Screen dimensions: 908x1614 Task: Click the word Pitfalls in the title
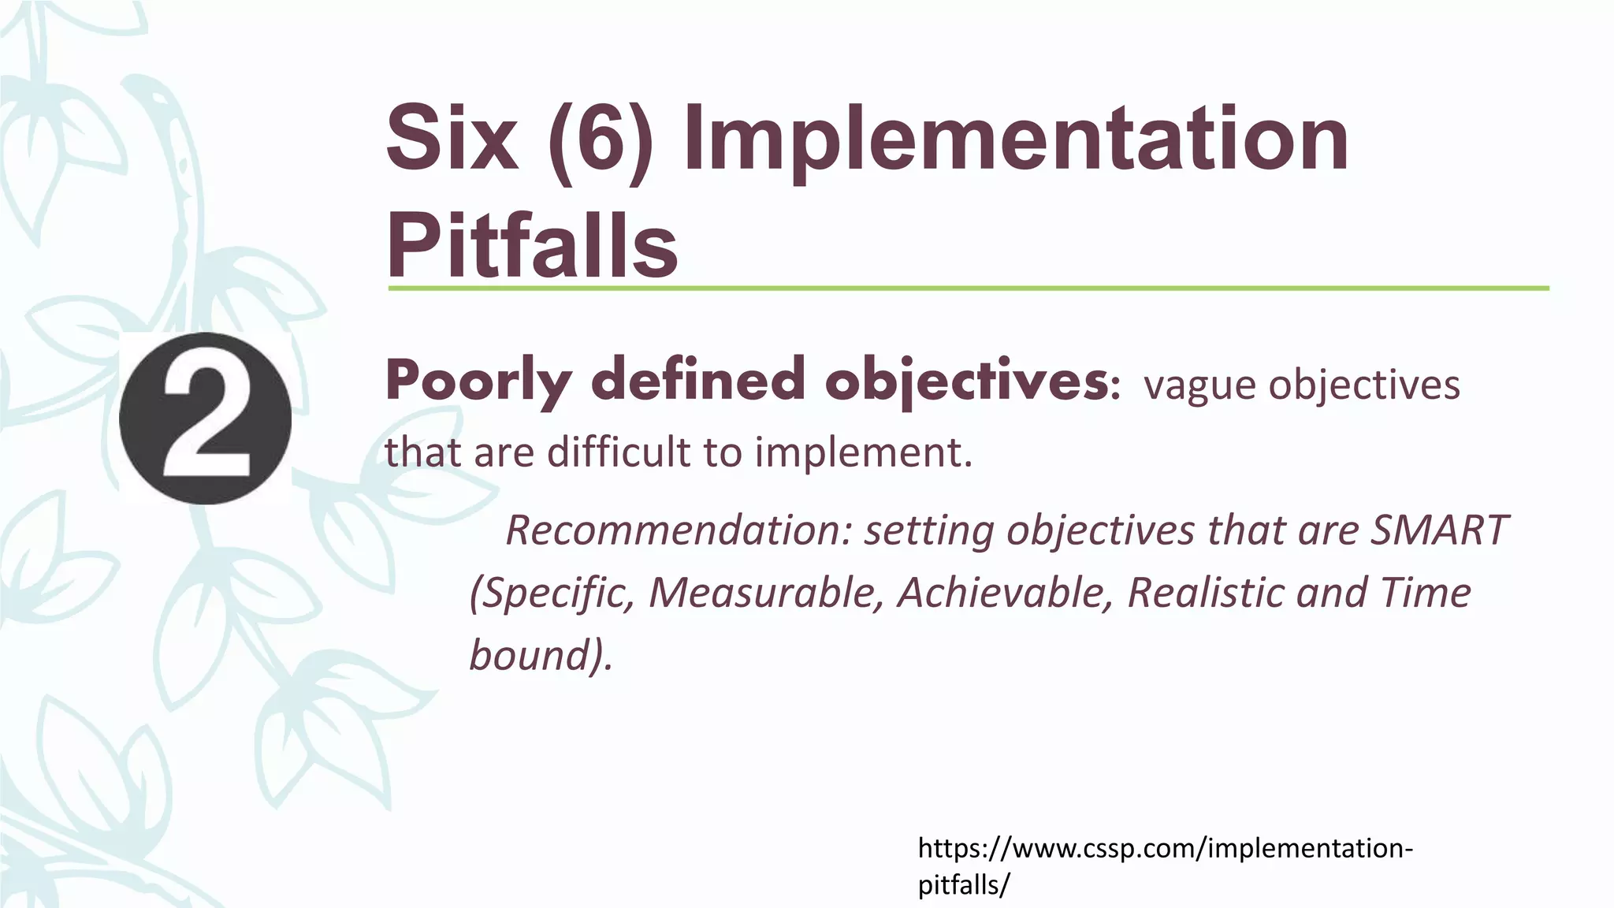(x=532, y=246)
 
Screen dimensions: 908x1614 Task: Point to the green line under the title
(x=968, y=288)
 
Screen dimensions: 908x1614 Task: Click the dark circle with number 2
(x=206, y=419)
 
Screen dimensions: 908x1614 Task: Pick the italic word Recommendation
(x=679, y=530)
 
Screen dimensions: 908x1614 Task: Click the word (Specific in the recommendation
(x=552, y=593)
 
